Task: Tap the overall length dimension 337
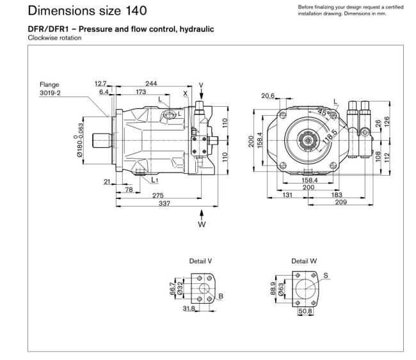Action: point(164,203)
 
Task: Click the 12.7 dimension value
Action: point(100,83)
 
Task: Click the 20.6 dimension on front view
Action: point(268,95)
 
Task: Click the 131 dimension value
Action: point(288,195)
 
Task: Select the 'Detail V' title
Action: point(200,262)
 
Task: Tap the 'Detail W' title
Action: point(303,262)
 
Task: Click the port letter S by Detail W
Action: point(326,276)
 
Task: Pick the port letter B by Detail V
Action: point(221,296)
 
